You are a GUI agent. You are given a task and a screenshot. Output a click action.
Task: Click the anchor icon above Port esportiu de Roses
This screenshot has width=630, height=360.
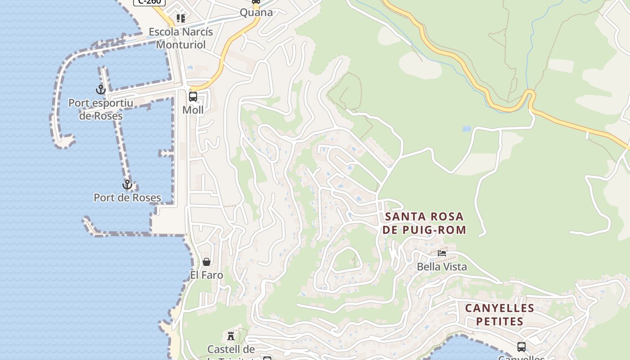tap(101, 90)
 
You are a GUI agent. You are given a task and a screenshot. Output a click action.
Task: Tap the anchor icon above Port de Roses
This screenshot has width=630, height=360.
tap(127, 184)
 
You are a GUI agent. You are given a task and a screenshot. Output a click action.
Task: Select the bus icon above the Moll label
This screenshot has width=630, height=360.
tap(193, 97)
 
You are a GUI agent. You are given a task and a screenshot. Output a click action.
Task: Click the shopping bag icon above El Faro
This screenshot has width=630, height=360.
tap(207, 262)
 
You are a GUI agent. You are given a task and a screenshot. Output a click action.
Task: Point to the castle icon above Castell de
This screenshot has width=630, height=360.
tap(231, 336)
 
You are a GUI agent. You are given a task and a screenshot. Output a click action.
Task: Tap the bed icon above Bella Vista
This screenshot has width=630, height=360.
tap(442, 253)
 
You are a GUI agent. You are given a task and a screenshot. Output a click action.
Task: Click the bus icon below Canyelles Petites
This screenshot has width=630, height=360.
tap(522, 347)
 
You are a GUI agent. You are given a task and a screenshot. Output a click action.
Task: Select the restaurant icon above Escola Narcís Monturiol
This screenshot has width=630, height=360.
tap(181, 18)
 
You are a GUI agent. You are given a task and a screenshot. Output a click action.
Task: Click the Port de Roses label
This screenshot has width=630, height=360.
tap(127, 198)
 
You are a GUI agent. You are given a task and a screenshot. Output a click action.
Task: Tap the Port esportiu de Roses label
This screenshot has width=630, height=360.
tap(101, 109)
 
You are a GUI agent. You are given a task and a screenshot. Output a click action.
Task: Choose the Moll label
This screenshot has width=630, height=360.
tap(193, 110)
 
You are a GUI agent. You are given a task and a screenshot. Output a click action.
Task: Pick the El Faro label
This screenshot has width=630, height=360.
tap(207, 275)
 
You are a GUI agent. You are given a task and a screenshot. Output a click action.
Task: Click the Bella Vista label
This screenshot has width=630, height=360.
tap(442, 266)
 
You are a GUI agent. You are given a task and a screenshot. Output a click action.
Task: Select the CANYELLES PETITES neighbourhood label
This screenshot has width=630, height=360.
tap(499, 315)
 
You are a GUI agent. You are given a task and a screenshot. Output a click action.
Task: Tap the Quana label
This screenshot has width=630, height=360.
tap(256, 12)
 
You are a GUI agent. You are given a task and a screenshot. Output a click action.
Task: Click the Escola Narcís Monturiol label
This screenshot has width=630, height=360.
tap(181, 38)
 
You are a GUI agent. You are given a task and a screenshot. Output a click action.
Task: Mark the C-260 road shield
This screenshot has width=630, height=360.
tap(150, 2)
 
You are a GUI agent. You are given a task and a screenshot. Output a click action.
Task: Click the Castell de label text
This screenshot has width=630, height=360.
tap(231, 349)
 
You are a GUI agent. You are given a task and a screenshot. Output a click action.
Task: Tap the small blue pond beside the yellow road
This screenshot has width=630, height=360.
tap(467, 129)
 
